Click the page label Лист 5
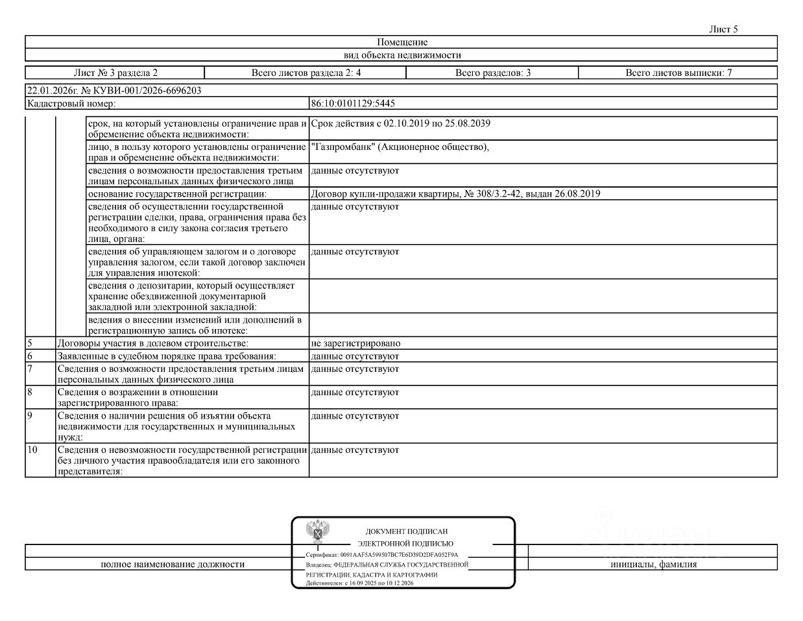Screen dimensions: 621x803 tap(724, 29)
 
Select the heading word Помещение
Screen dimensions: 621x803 tap(402, 42)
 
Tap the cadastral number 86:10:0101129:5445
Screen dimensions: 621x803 tap(354, 103)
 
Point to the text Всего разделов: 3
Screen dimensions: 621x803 tap(493, 73)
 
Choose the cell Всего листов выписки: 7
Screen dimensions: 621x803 tap(678, 73)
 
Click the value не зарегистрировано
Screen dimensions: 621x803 tap(355, 343)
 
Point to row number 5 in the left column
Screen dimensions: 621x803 tap(30, 343)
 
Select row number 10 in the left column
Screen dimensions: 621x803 tap(32, 450)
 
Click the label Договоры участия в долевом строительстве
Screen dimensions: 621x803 tap(153, 343)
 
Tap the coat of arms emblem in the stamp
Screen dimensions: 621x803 tap(317, 531)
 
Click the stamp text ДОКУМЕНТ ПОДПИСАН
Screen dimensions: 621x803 tap(406, 531)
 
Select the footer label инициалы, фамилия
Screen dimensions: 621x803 tap(653, 564)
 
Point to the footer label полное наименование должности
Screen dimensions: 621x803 tap(173, 564)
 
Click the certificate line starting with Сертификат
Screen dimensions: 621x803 tap(382, 555)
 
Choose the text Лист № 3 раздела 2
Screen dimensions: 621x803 tap(115, 73)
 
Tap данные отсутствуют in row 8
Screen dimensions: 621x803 tap(355, 392)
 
